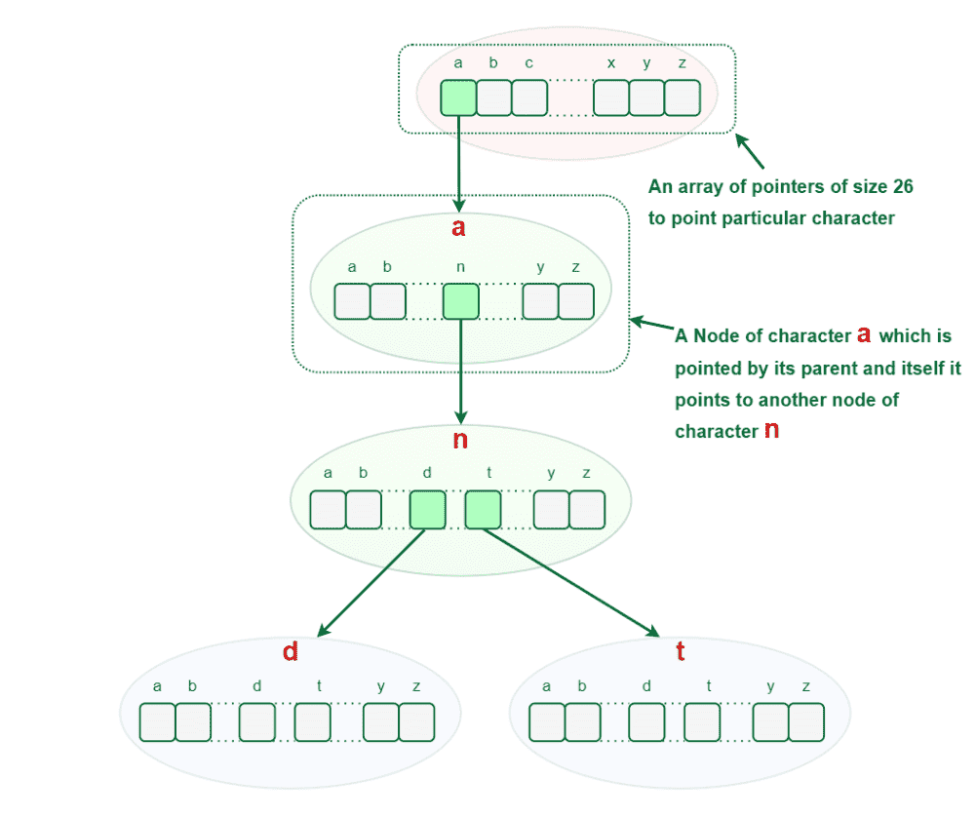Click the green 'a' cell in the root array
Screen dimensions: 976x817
[458, 97]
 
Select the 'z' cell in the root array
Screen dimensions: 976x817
[683, 97]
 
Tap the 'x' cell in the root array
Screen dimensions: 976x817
[611, 97]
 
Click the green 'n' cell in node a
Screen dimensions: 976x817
[460, 302]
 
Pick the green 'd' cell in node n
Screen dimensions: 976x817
[428, 510]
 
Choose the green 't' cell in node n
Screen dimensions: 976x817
[483, 510]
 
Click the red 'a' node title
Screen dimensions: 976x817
[458, 228]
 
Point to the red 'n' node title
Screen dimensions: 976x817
[460, 440]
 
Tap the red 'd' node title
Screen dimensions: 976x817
[290, 651]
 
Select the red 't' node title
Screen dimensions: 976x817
[681, 651]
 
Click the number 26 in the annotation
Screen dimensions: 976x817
[903, 186]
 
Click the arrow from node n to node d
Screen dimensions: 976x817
[371, 582]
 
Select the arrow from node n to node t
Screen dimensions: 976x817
[570, 582]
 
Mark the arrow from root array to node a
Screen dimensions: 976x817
[458, 164]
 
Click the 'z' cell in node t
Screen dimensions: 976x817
[806, 722]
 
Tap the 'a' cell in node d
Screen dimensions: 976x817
[158, 722]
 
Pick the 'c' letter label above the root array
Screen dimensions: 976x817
[528, 63]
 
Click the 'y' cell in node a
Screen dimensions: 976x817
[540, 302]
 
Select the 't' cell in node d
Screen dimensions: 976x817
[312, 722]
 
